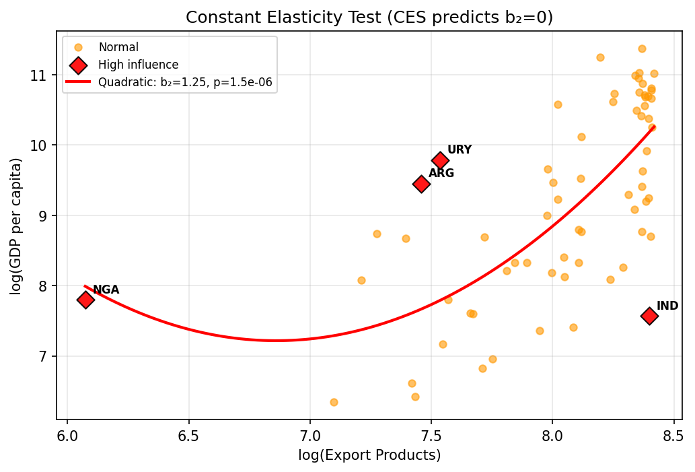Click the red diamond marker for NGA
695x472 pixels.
pyautogui.click(x=85, y=300)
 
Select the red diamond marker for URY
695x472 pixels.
pyautogui.click(x=441, y=160)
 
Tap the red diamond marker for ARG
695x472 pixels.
pyautogui.click(x=421, y=184)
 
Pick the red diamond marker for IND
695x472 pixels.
pyautogui.click(x=649, y=316)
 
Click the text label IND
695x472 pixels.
pyautogui.click(x=667, y=306)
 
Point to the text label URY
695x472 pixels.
pyautogui.click(x=460, y=149)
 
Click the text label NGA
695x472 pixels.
pyautogui.click(x=106, y=290)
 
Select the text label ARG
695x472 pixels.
pyautogui.click(x=441, y=173)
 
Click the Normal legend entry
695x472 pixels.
pyautogui.click(x=118, y=47)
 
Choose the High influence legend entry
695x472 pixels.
pyautogui.click(x=138, y=65)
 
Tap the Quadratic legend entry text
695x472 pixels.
pyautogui.click(x=185, y=82)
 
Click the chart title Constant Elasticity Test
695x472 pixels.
pyautogui.click(x=369, y=18)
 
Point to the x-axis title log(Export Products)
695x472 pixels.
pyautogui.click(x=369, y=455)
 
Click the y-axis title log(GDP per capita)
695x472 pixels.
pyautogui.click(x=16, y=226)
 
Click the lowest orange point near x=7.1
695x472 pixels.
pyautogui.click(x=334, y=402)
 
